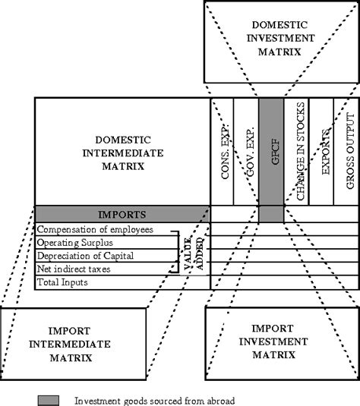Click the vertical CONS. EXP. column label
pyautogui.click(x=226, y=152)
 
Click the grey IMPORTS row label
pyautogui.click(x=122, y=215)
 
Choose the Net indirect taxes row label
pyautogui.click(x=74, y=269)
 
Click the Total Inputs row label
pyautogui.click(x=64, y=282)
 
